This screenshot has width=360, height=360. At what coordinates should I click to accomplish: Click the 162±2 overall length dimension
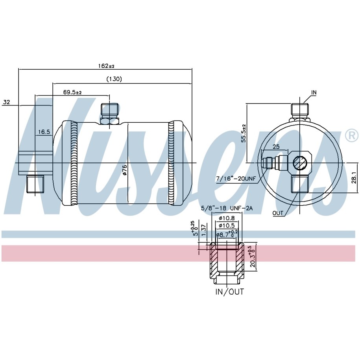[x=106, y=66]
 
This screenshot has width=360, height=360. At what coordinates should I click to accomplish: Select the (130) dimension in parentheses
[x=114, y=79]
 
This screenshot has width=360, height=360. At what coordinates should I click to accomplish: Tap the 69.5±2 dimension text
[x=72, y=92]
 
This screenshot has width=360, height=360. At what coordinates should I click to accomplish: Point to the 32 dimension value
[x=7, y=102]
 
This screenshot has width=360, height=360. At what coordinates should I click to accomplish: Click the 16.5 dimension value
[x=44, y=132]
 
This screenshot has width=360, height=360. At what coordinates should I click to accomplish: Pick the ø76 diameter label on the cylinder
[x=125, y=170]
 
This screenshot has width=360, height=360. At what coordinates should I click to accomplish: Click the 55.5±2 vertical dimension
[x=244, y=133]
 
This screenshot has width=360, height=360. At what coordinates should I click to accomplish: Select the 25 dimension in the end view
[x=276, y=146]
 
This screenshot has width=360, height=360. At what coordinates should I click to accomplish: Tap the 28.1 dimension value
[x=354, y=178]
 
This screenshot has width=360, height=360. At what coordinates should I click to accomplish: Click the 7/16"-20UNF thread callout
[x=236, y=178]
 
